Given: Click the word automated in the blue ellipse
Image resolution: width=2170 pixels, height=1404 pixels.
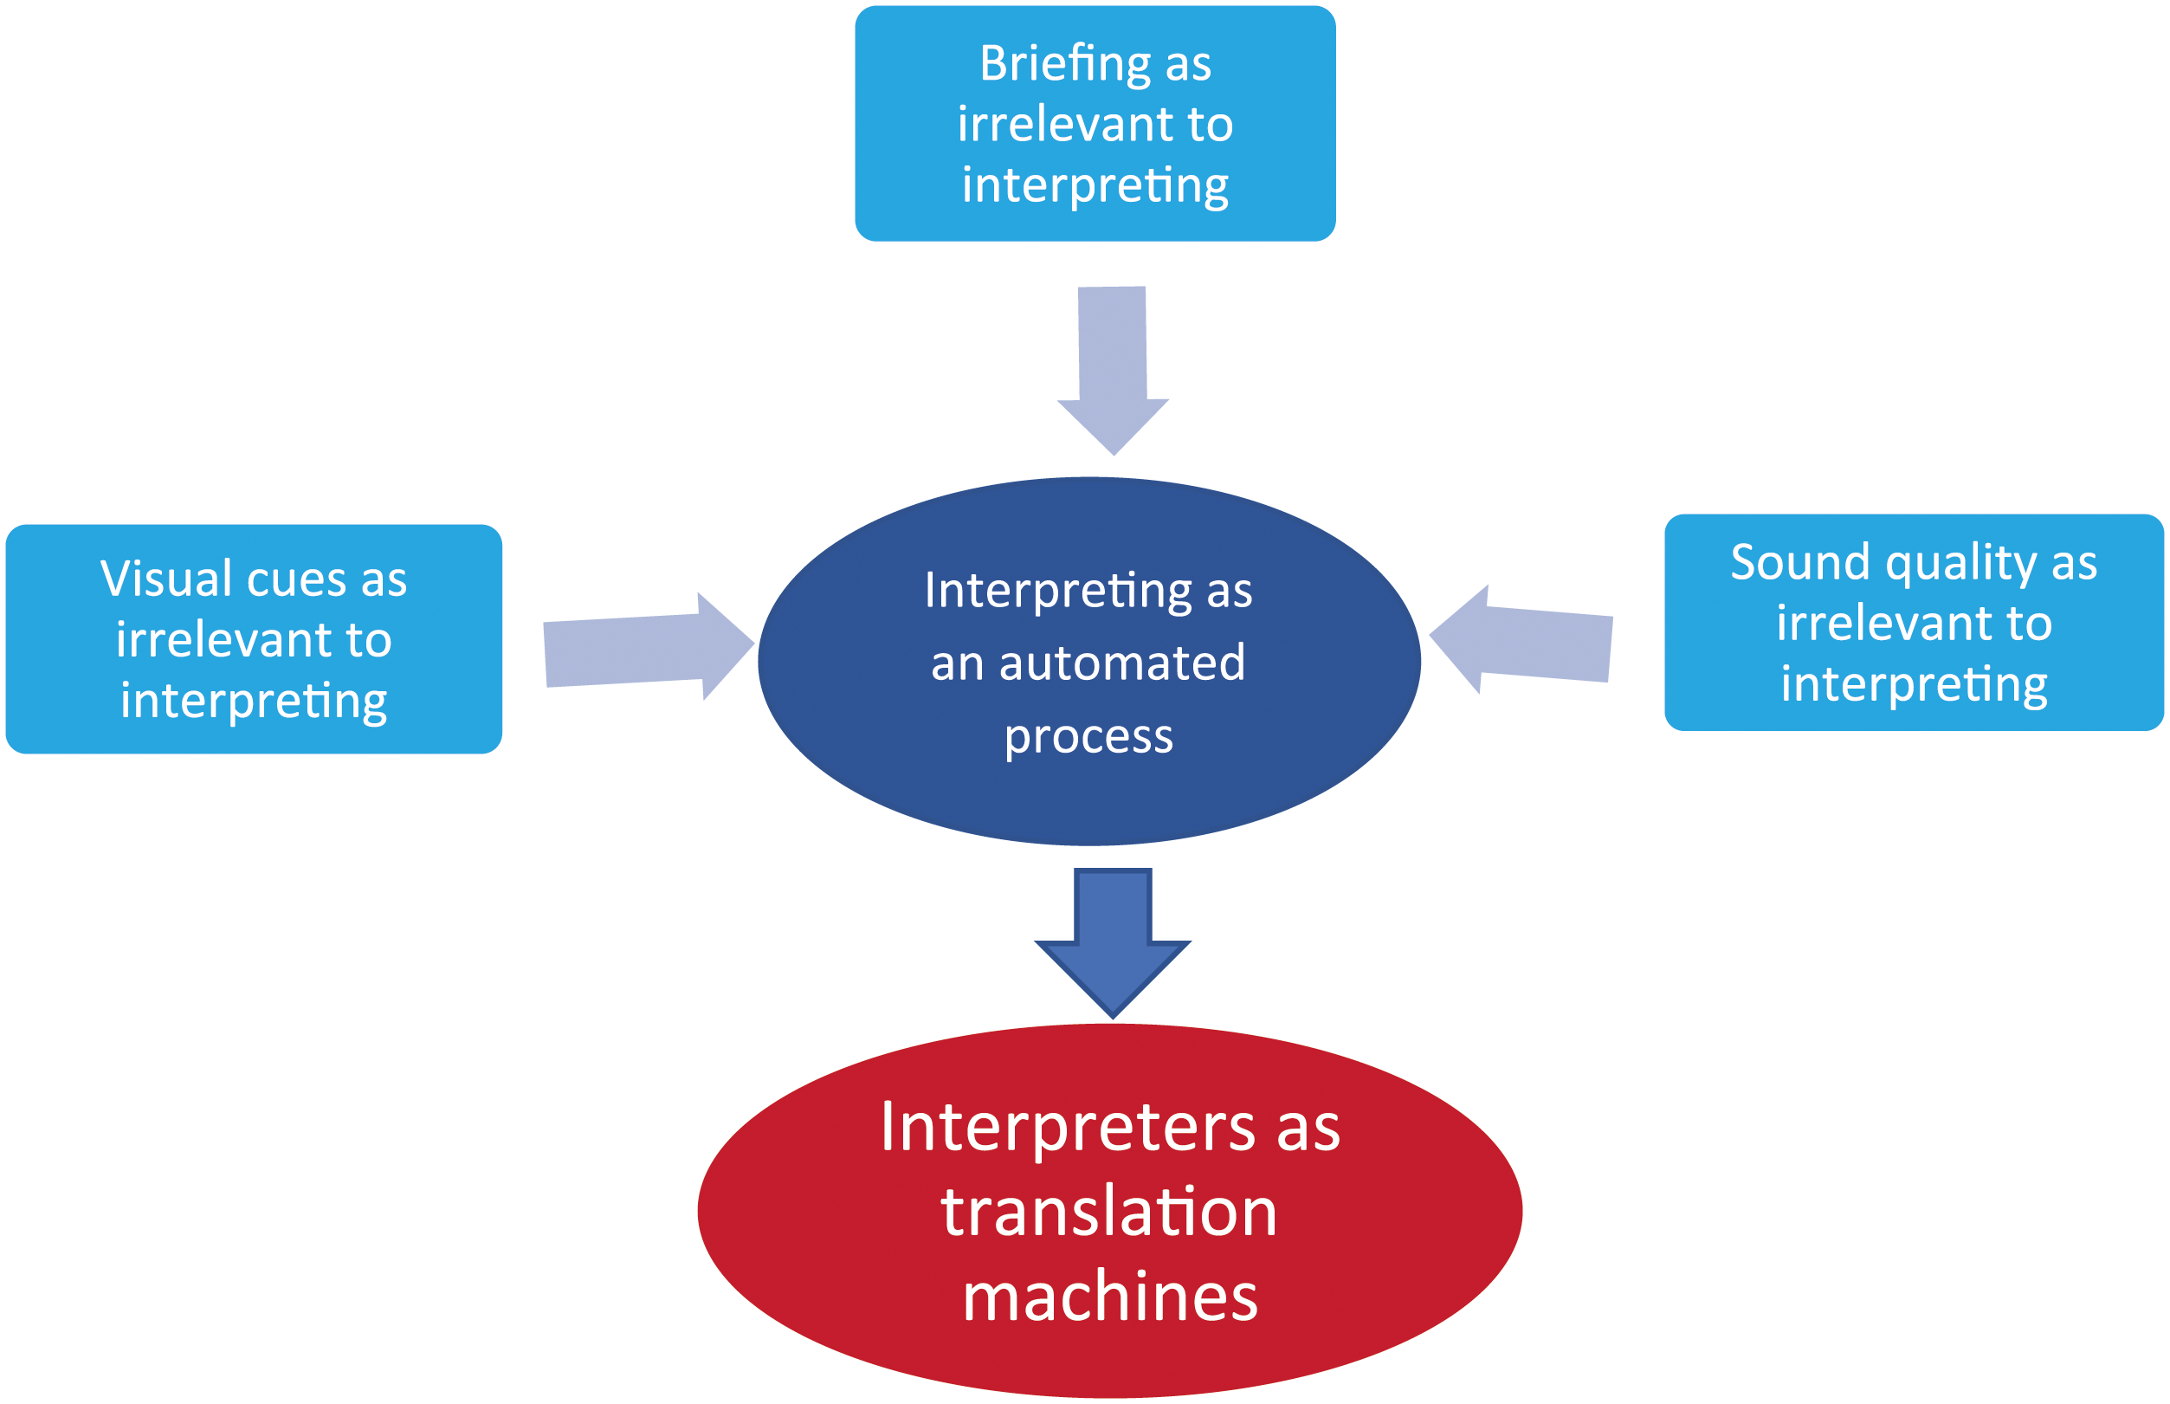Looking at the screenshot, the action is click(1122, 663).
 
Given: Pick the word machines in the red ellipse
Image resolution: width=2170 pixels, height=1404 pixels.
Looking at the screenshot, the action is click(1110, 1297).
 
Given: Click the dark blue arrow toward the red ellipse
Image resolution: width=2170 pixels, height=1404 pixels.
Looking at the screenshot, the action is click(1112, 942).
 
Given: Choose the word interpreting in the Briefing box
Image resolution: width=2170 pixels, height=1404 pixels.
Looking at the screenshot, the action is click(1095, 186).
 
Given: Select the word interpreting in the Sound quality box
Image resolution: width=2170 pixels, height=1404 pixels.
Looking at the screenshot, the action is click(1914, 686).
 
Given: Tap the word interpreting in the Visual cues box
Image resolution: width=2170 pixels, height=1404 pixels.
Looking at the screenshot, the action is click(254, 701).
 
